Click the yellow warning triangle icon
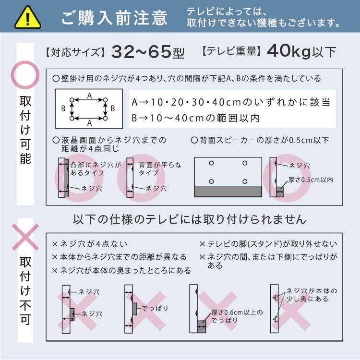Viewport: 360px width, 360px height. pos(28,18)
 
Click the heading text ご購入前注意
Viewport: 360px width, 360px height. pos(115,18)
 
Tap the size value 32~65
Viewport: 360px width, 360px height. pos(141,52)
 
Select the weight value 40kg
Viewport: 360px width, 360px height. pos(288,51)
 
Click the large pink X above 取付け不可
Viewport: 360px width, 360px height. pos(25,237)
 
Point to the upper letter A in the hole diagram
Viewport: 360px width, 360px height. pos(90,96)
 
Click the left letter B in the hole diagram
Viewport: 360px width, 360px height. pos(63,108)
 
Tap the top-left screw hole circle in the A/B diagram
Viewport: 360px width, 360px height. pos(72,100)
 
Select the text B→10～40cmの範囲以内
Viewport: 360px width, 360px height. pos(195,118)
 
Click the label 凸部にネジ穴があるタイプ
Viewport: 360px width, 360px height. pos(96,169)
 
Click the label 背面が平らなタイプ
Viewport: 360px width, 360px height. pos(160,169)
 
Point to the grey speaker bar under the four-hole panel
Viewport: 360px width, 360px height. pos(228,192)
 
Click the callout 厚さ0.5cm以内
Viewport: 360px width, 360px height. pos(311,180)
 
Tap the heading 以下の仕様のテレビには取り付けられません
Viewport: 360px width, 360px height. pos(190,219)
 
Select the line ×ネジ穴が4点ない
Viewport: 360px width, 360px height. pos(90,244)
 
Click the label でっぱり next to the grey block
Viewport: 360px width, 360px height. pos(155,308)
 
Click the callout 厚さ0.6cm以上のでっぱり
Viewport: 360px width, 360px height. pos(237,316)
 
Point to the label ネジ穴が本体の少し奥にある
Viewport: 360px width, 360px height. pos(312,295)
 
